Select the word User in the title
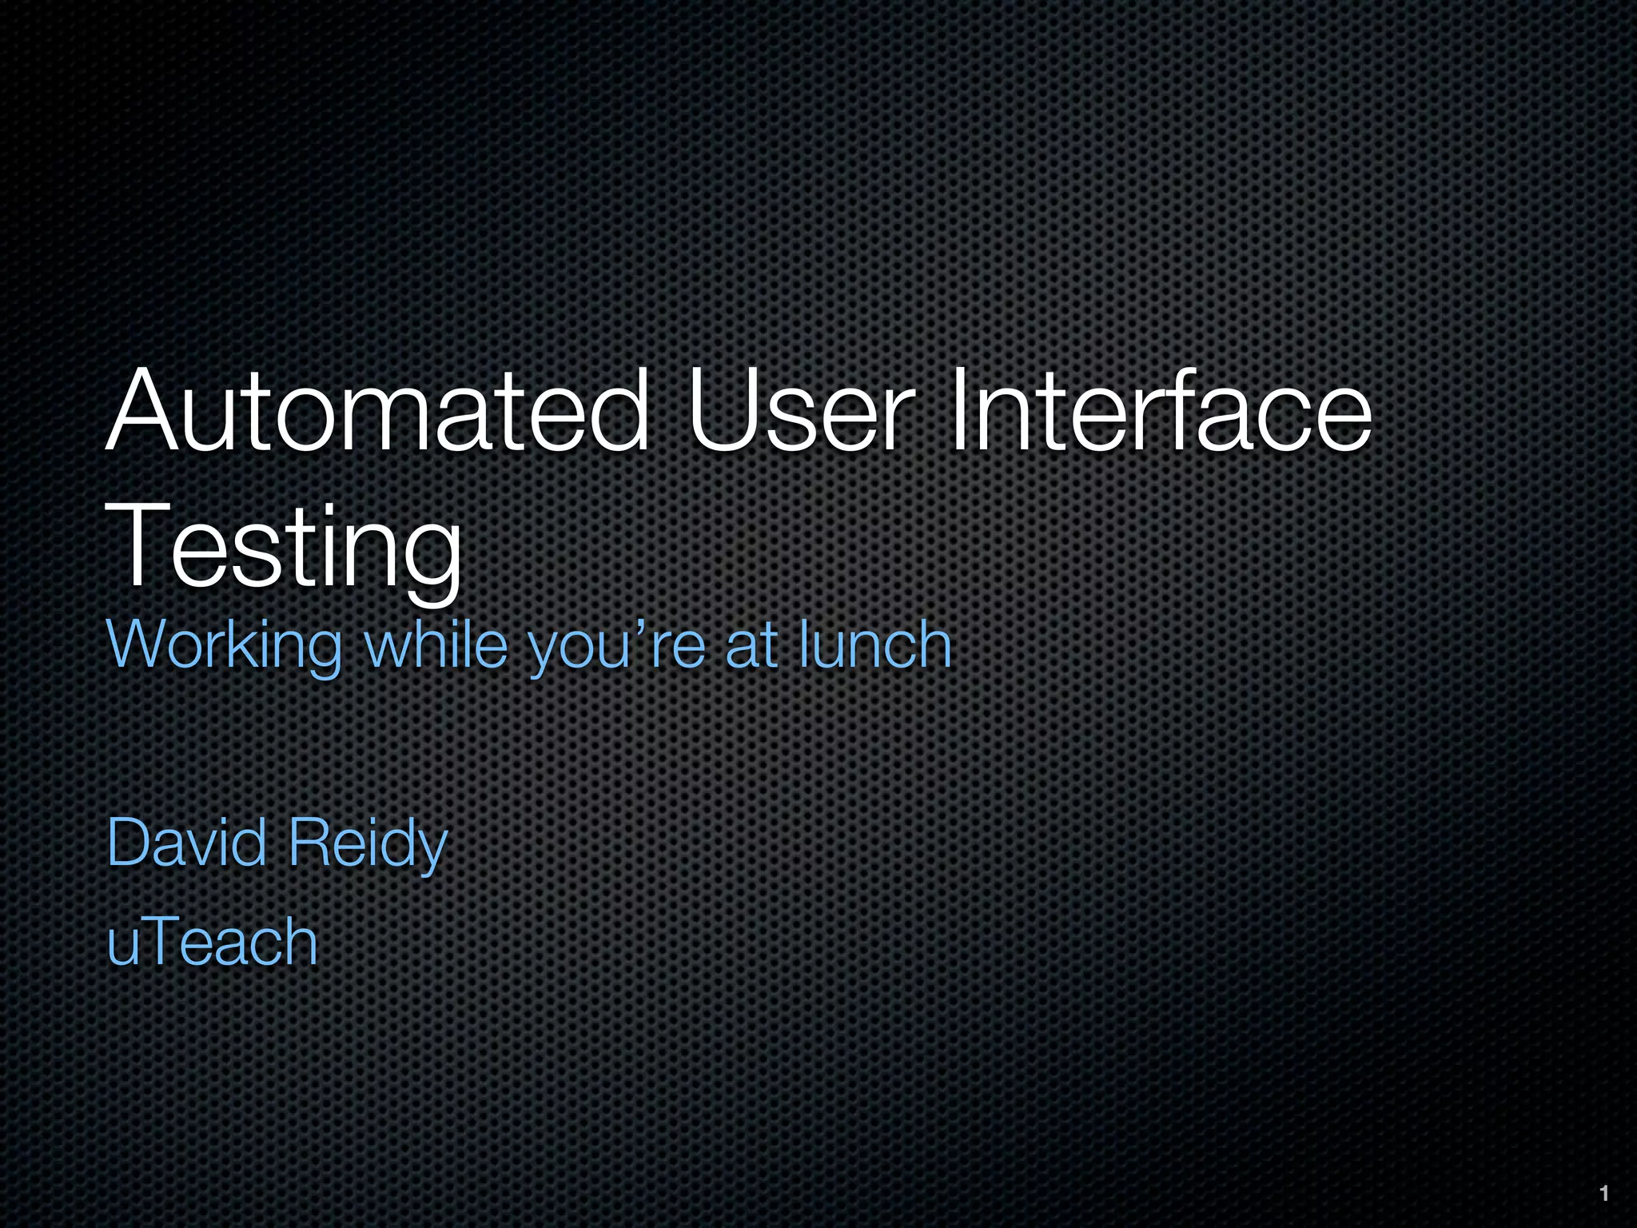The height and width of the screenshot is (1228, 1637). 799,412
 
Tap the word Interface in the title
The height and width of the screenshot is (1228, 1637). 1159,412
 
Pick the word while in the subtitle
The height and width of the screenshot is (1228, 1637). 436,644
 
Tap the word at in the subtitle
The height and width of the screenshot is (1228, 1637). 751,644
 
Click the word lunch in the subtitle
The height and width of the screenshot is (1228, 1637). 875,644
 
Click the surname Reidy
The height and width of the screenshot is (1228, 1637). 368,843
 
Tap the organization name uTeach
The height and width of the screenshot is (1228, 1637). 213,941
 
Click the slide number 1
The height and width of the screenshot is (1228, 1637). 1603,1194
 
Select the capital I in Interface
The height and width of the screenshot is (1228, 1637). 957,412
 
